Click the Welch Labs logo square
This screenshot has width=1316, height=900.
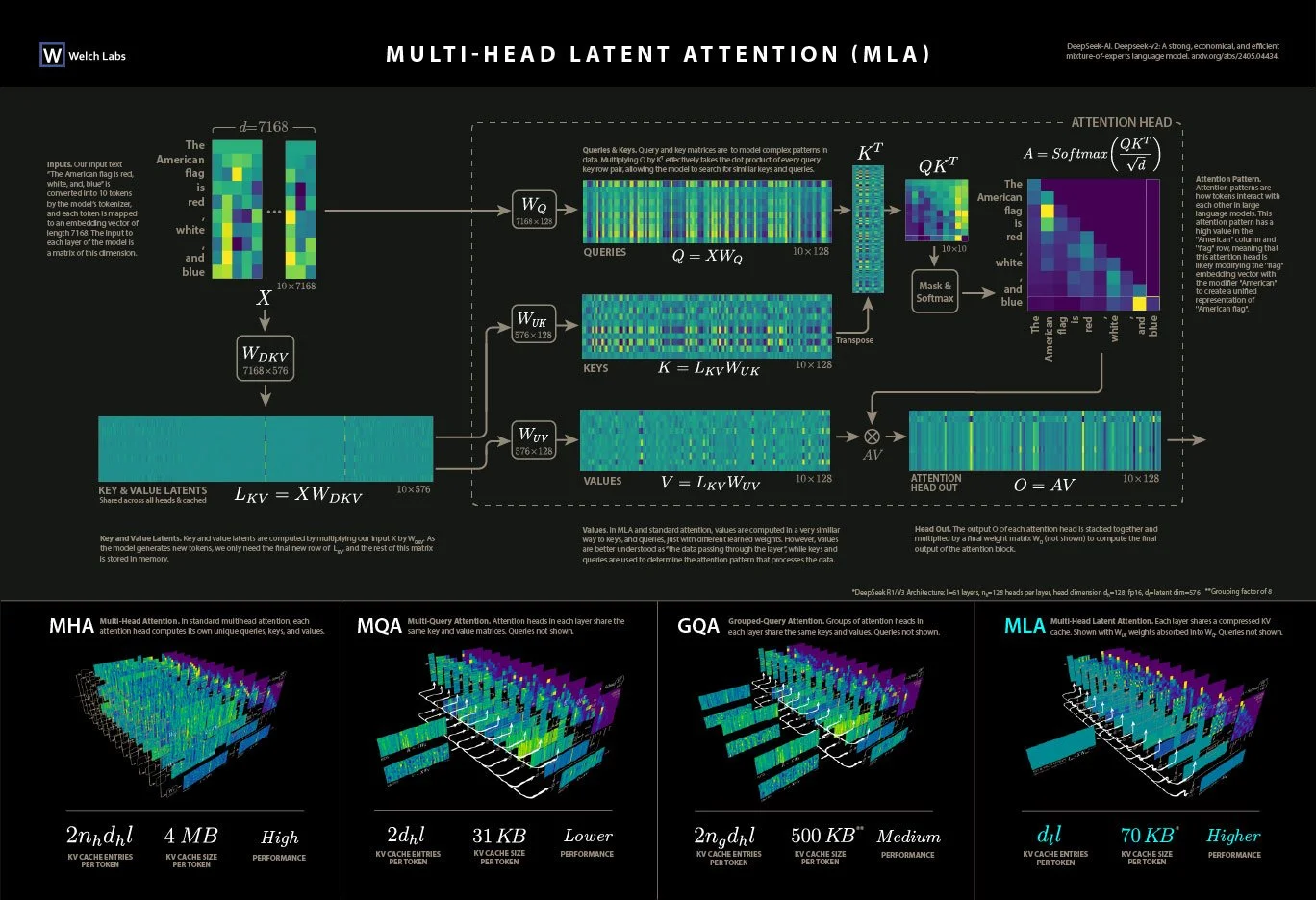pos(52,55)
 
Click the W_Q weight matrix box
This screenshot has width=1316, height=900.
pos(534,210)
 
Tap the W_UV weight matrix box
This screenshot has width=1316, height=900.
pos(533,439)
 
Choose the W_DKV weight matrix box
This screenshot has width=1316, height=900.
pos(265,359)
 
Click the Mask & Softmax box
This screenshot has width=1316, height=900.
pos(934,291)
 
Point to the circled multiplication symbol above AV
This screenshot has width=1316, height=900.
pos(872,437)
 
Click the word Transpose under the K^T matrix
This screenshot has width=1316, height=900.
pos(854,340)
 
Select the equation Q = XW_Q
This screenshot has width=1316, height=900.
pos(707,256)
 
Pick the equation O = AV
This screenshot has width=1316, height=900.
pos(1044,485)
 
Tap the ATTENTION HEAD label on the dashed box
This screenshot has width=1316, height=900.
pos(1121,122)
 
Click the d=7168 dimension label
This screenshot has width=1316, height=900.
pos(264,127)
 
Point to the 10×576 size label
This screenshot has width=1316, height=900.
pos(414,489)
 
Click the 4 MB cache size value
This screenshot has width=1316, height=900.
pos(190,836)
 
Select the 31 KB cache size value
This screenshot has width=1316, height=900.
pos(498,835)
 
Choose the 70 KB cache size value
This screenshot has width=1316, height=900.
pos(1148,835)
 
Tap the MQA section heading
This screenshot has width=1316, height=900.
pos(379,626)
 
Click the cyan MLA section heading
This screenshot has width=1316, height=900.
pos(1025,626)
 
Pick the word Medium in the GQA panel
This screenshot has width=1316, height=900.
pos(908,837)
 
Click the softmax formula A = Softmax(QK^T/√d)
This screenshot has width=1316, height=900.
pos(1093,154)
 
